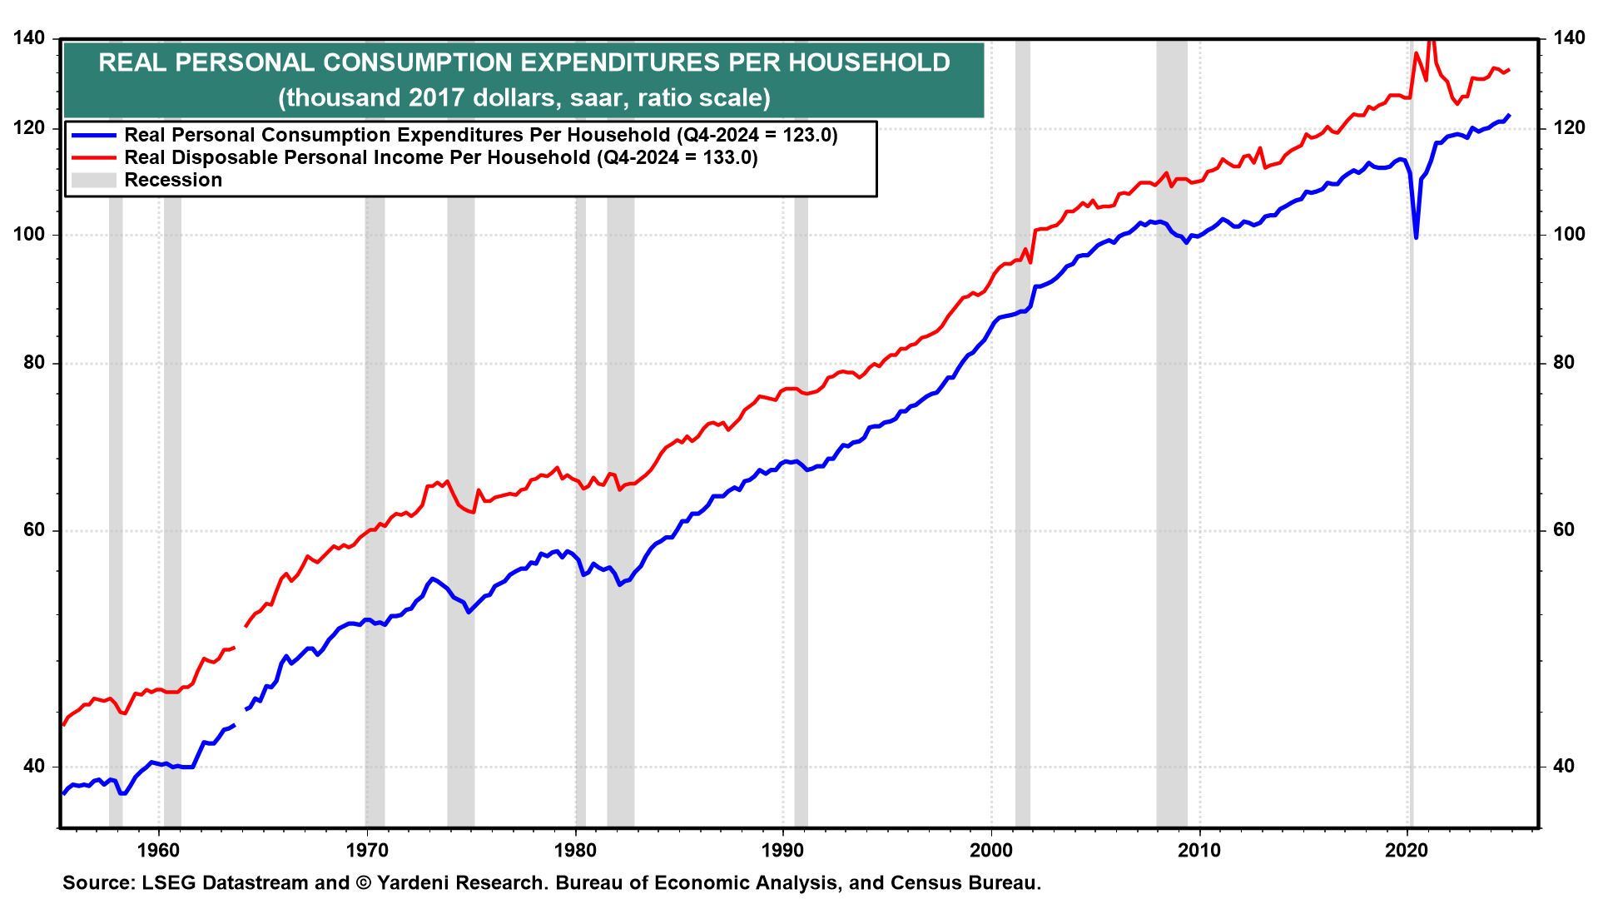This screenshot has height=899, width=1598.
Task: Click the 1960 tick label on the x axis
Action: (158, 850)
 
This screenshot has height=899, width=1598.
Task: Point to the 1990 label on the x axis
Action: (783, 850)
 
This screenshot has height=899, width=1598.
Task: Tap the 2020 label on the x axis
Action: (1407, 850)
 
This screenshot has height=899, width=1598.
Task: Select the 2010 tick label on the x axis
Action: (1199, 850)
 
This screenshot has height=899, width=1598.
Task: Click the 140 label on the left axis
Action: (29, 38)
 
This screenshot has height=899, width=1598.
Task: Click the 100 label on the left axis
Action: (29, 234)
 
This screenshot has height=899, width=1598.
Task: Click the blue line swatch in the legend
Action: (93, 135)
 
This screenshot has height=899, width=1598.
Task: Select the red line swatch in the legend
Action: (93, 157)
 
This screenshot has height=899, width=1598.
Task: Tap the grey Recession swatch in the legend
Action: (93, 180)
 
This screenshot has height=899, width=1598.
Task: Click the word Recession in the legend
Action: (173, 180)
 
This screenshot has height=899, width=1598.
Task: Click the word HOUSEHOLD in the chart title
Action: (865, 62)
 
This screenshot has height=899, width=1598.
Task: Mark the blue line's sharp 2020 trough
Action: (1416, 237)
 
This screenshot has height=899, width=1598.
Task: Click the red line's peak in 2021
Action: (1432, 40)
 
